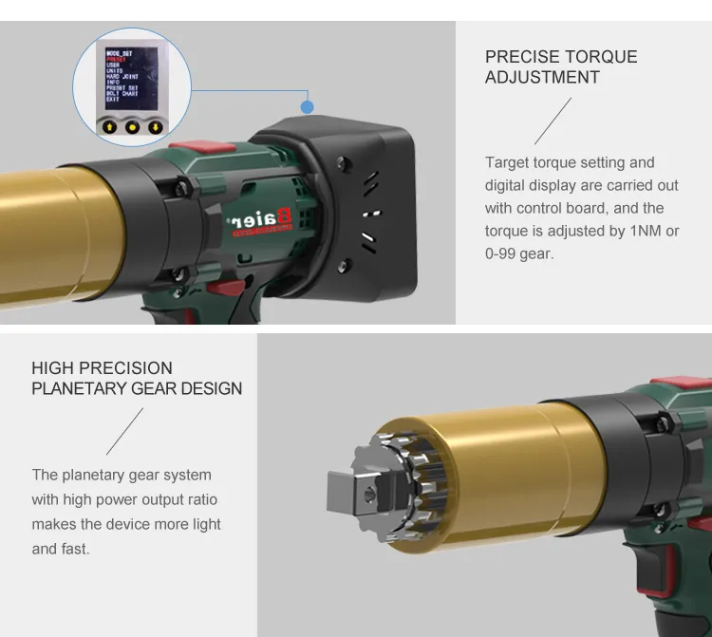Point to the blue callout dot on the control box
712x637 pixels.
307,108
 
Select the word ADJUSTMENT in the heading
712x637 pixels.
542,78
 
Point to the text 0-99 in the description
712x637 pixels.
503,253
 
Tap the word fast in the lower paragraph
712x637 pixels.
74,549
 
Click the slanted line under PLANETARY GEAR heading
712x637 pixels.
124,431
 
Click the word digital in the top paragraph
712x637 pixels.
508,185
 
